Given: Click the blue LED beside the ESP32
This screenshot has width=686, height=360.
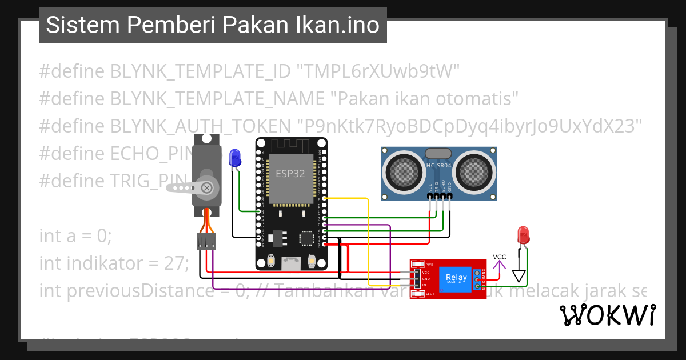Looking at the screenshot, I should (234, 158).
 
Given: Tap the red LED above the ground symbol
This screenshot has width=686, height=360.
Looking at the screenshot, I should (522, 235).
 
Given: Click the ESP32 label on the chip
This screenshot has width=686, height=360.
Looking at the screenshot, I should (290, 174).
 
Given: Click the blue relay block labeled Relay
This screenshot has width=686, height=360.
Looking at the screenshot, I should (457, 279).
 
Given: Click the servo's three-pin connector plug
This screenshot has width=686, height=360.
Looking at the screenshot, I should (206, 241).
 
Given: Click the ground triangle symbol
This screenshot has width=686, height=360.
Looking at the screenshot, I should (519, 277).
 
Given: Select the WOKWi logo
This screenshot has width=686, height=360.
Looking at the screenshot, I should (607, 315).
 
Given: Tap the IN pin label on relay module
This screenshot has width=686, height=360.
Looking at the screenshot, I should (425, 285).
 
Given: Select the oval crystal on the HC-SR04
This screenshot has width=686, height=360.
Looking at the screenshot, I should (439, 153).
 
